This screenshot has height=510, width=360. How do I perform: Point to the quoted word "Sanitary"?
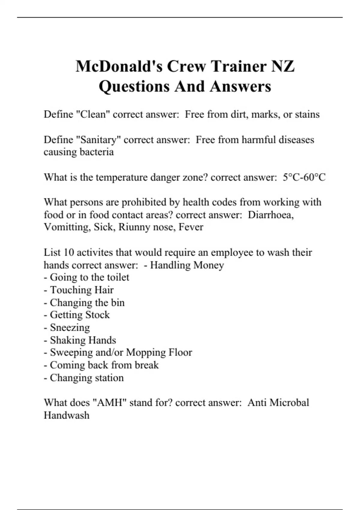point(99,140)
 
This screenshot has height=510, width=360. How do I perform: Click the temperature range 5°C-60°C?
point(304,177)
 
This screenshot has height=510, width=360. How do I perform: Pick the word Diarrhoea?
point(271,215)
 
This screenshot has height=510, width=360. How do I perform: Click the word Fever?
point(191,227)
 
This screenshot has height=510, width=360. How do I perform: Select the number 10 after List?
point(69,253)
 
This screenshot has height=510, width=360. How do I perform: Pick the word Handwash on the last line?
point(67,415)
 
